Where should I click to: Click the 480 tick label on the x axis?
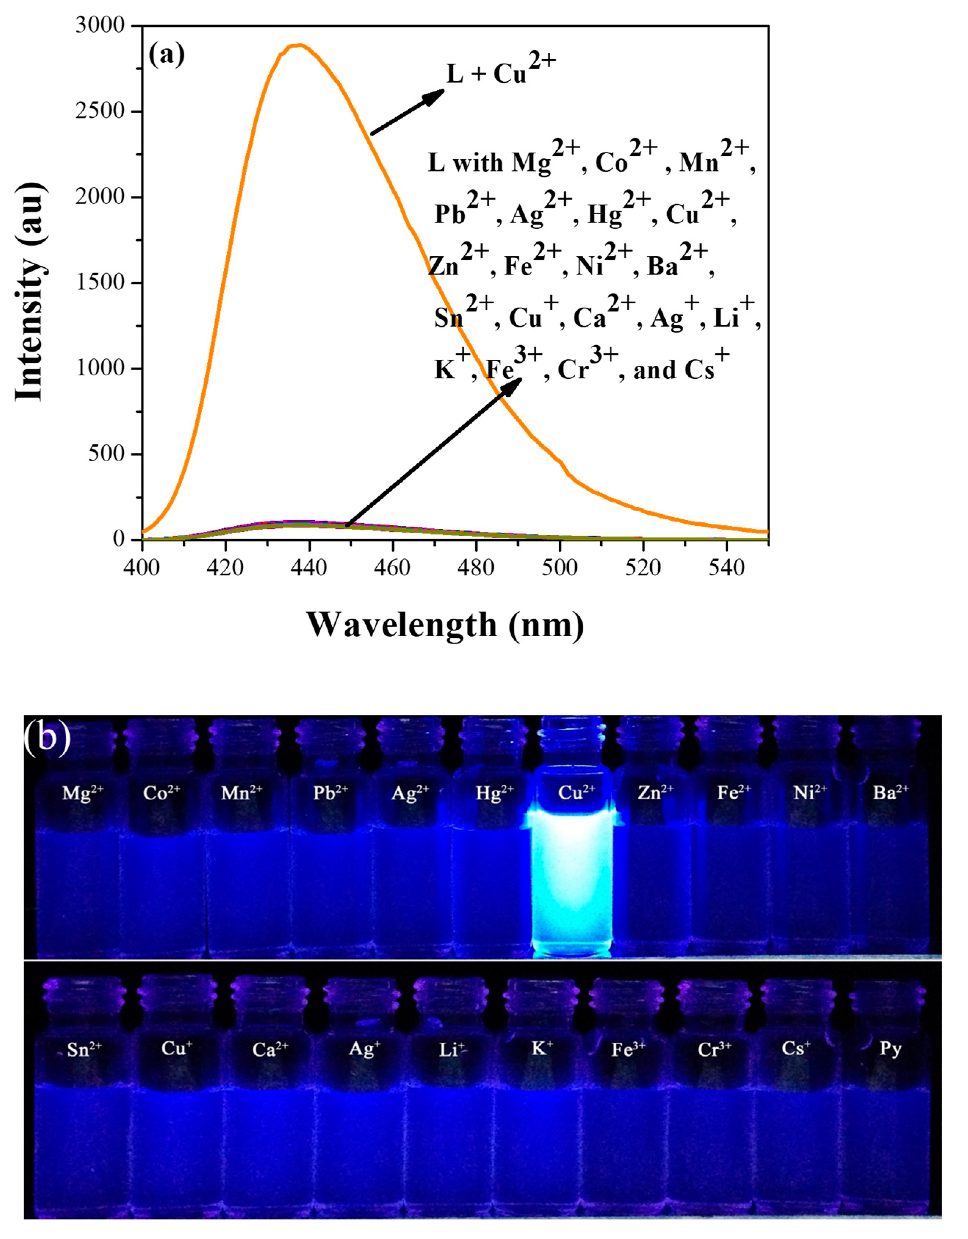click(x=476, y=567)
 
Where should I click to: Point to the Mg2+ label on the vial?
click(x=83, y=792)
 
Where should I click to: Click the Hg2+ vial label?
click(x=494, y=792)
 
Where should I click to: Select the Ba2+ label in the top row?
click(x=890, y=792)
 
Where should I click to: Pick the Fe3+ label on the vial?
click(x=628, y=1049)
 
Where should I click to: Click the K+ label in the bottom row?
click(x=541, y=1048)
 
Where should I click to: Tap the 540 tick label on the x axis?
click(x=726, y=567)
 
